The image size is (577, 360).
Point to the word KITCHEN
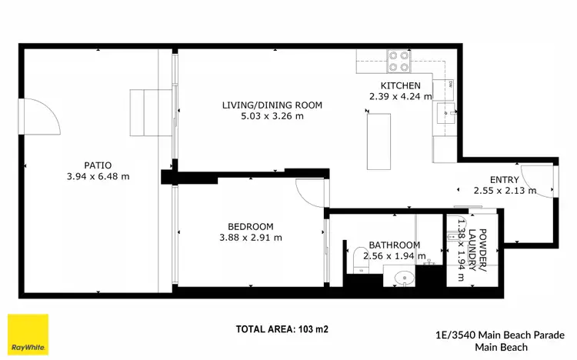coord(400,85)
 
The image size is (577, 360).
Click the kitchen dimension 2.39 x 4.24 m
coord(400,97)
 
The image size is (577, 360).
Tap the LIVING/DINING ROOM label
coord(272,105)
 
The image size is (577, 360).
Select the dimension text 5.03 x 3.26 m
coord(272,117)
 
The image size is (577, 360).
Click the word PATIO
coord(98,165)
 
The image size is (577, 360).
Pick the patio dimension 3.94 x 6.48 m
coord(98,176)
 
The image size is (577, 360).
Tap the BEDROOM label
coord(250,226)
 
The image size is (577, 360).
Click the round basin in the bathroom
coord(402,278)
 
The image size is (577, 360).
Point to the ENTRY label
coord(505,179)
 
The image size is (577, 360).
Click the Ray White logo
coord(28,335)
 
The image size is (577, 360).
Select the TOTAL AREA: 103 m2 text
coord(282,329)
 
